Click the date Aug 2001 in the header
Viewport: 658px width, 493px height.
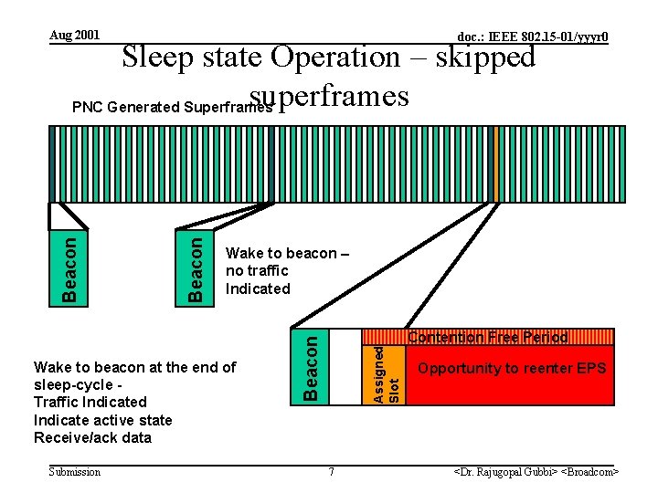tap(75, 36)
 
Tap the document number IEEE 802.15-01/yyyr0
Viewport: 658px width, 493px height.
tap(533, 37)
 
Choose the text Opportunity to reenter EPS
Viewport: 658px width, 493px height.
tap(511, 369)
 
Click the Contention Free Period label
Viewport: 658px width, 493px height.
tap(487, 338)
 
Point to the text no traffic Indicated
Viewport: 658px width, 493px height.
tap(257, 279)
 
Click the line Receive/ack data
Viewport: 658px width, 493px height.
tap(92, 437)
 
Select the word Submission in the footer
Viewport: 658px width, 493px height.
tap(75, 472)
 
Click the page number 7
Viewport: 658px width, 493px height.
tap(331, 472)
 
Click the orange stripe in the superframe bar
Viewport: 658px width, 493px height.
tap(496, 163)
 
